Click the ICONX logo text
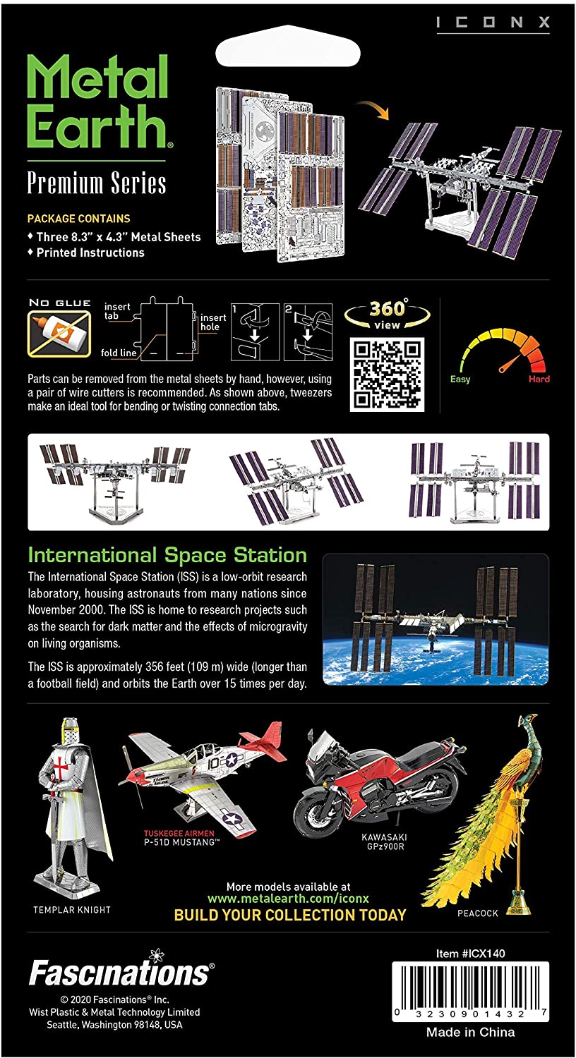492,23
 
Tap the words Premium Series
97,183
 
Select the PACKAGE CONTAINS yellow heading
78,219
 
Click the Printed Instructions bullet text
90,253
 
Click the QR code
386,374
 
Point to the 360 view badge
387,314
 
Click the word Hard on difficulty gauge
539,379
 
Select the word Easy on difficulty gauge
460,379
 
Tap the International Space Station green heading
167,554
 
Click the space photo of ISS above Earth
435,619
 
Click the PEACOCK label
477,913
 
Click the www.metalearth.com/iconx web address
288,899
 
